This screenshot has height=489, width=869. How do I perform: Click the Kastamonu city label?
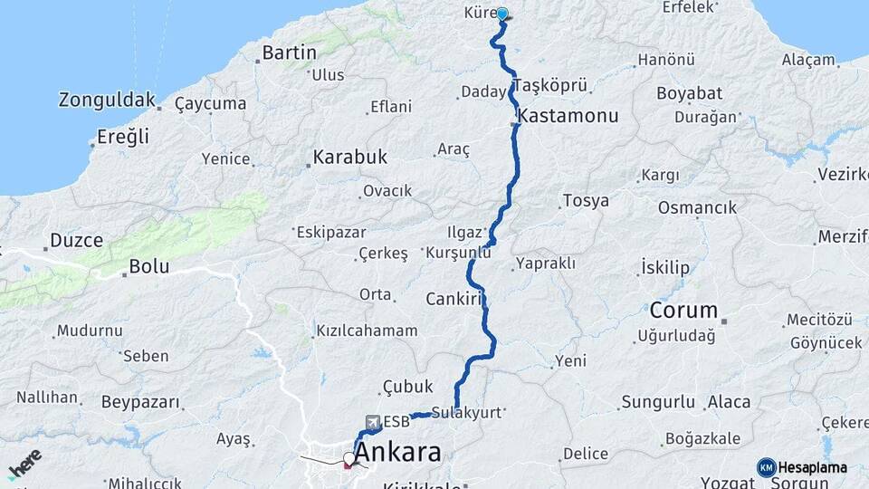(x=569, y=116)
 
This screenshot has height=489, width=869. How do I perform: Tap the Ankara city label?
(x=398, y=452)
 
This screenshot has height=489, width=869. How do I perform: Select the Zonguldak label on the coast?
(x=107, y=100)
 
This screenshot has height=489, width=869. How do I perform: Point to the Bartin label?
(x=289, y=53)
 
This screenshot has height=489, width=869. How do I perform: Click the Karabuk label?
(x=349, y=157)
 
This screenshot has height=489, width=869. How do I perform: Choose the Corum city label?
(x=683, y=310)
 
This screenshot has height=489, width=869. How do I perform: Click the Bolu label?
(x=148, y=267)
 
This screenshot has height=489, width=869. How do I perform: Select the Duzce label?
(x=76, y=241)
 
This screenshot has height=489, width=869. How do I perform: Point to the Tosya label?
(x=586, y=200)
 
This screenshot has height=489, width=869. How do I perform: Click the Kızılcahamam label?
(x=367, y=331)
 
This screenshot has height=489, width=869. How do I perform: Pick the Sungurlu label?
(x=658, y=401)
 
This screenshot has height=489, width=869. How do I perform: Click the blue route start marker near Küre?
(x=501, y=14)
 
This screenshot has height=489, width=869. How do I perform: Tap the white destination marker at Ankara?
(x=349, y=457)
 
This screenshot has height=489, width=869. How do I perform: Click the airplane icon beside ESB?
(x=372, y=422)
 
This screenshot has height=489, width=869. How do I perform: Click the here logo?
(x=25, y=464)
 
